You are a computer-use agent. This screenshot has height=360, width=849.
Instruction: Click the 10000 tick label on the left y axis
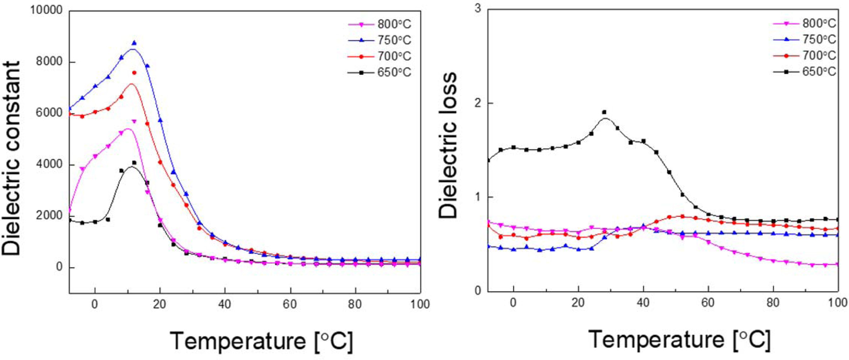[x=46, y=10]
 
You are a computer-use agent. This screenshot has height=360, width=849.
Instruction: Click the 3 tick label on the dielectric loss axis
[x=478, y=9]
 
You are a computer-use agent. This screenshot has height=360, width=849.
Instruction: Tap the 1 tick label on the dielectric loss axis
[x=478, y=197]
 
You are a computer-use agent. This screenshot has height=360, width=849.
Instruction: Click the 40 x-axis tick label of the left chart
[x=225, y=304]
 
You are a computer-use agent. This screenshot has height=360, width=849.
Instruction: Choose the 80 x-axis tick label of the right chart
[x=773, y=303]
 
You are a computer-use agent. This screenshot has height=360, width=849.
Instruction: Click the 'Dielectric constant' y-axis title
[x=12, y=158]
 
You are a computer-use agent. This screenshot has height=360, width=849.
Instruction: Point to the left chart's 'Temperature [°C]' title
[x=261, y=340]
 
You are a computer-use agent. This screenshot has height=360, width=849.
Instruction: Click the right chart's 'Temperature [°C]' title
[x=679, y=339]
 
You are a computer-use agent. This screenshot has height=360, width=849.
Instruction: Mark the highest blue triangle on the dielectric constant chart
[x=134, y=43]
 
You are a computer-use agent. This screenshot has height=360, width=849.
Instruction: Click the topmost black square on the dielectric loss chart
[x=604, y=112]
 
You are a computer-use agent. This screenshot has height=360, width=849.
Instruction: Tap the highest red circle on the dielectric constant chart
[x=134, y=73]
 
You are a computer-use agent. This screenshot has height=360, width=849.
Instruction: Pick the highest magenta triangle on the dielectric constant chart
[x=134, y=121]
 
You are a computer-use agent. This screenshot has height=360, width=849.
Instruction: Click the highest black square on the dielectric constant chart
[x=134, y=163]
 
